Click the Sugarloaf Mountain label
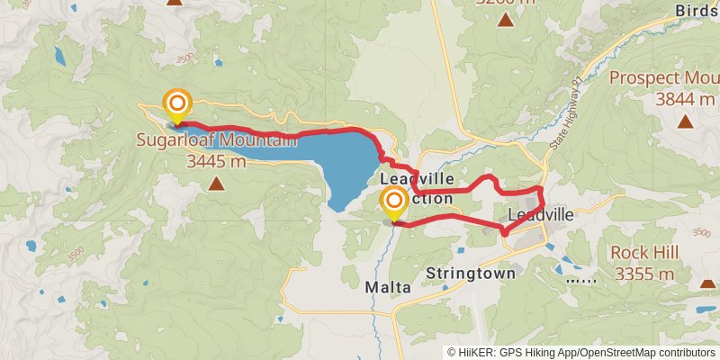click(216, 141)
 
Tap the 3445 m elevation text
click(216, 162)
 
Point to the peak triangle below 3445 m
click(216, 184)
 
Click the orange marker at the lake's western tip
click(177, 103)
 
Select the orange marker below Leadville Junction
click(393, 202)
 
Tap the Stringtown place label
click(471, 273)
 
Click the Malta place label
click(388, 287)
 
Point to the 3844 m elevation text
click(686, 99)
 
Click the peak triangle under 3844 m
click(686, 121)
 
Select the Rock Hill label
click(643, 253)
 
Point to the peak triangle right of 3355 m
click(707, 283)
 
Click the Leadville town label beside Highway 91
click(540, 216)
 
